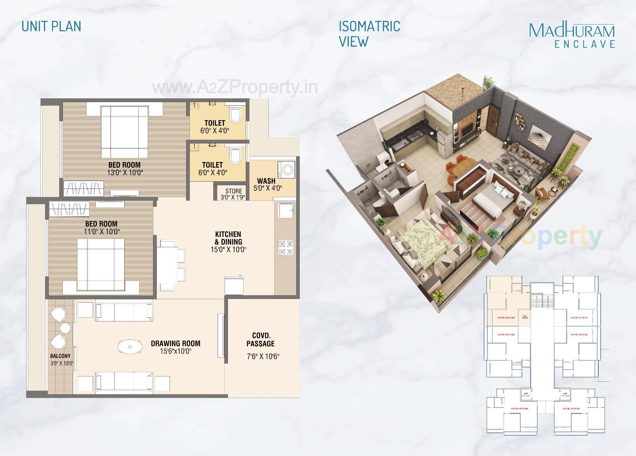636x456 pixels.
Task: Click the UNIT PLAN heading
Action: [51, 26]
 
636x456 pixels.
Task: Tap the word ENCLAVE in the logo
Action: [585, 44]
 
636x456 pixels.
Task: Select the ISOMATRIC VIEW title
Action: [369, 33]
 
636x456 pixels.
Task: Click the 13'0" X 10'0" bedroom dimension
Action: [125, 173]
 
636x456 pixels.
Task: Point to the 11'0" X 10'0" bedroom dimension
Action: [101, 232]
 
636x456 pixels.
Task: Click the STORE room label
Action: [234, 191]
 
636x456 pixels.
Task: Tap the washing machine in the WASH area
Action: [287, 170]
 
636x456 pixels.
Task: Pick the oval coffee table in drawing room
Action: [130, 347]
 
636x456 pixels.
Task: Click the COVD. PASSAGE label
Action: [261, 340]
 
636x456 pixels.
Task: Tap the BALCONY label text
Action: [60, 356]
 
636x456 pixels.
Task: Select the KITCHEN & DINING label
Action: [228, 238]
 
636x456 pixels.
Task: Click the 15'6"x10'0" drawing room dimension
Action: [176, 351]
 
